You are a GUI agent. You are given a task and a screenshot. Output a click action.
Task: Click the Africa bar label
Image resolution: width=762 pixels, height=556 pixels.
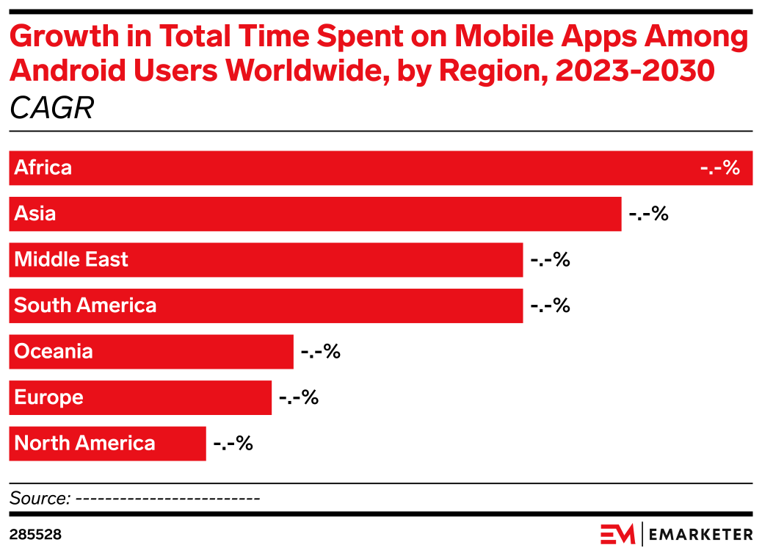[x=43, y=167]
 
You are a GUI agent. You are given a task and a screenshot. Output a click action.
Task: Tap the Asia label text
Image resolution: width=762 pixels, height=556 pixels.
[x=35, y=214]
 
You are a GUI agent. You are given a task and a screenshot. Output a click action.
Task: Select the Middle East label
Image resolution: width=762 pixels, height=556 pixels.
[x=71, y=259]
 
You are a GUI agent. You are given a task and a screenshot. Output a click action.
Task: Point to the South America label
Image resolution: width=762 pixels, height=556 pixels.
[x=85, y=306]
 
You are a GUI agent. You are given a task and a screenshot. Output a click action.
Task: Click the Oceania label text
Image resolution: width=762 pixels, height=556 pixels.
[x=54, y=351]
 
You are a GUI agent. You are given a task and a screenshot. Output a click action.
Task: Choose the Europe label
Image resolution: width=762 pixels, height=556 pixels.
[x=48, y=397]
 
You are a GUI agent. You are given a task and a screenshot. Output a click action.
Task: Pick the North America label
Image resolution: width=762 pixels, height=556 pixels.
[x=84, y=444]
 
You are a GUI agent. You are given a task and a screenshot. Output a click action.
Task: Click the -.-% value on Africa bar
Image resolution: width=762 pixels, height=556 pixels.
[x=719, y=167]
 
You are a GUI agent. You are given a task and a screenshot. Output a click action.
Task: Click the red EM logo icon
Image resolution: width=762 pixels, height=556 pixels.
[x=617, y=534]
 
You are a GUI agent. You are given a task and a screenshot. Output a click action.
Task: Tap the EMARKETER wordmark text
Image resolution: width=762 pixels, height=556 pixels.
[x=700, y=534]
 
